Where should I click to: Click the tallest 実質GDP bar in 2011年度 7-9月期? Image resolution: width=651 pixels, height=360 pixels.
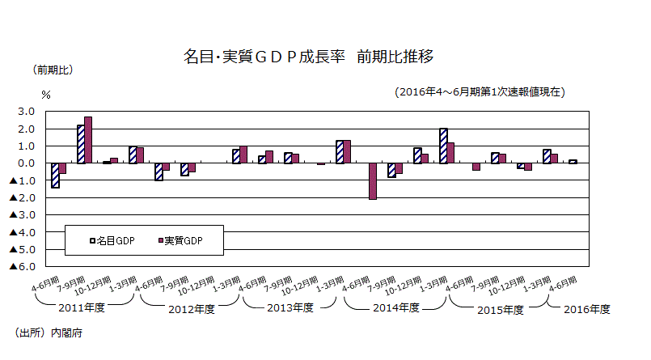88,140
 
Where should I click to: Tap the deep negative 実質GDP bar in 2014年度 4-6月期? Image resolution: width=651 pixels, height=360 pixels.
373,181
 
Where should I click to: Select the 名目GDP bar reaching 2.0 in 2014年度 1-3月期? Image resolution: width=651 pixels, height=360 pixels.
443,146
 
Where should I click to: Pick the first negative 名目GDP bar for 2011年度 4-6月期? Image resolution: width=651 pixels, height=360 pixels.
55,176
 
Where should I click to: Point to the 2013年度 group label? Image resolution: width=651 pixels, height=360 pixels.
290,308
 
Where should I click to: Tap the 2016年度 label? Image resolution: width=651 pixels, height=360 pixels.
587,308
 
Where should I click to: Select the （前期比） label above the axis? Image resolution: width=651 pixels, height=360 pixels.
53,70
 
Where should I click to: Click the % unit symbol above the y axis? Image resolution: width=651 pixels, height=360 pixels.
45,95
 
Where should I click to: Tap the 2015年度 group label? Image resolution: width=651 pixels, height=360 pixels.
497,308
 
